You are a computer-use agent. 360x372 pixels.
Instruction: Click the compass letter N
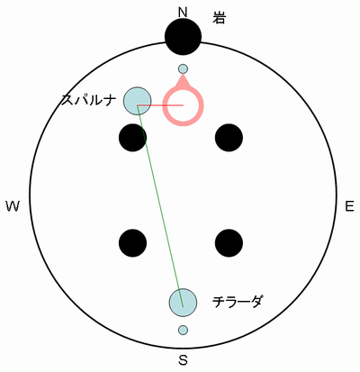click(183, 13)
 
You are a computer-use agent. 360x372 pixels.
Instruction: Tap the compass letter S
click(183, 359)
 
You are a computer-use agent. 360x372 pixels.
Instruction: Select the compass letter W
click(13, 206)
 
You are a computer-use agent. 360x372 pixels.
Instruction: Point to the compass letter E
click(349, 206)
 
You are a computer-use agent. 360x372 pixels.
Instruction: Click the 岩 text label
click(219, 18)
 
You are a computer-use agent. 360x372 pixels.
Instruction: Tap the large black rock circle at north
click(183, 37)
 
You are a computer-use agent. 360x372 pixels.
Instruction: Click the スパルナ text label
click(88, 100)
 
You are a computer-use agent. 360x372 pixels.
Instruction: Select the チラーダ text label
click(237, 302)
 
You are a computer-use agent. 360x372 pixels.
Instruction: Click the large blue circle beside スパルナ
click(138, 101)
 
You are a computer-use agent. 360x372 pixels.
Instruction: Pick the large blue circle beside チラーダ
click(183, 303)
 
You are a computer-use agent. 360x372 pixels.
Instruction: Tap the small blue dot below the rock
click(183, 69)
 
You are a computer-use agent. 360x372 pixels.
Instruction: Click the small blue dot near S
click(183, 330)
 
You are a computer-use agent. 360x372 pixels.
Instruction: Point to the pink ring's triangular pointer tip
click(183, 73)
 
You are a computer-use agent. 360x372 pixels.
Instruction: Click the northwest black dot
click(133, 138)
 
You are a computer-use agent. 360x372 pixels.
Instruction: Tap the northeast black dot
click(229, 138)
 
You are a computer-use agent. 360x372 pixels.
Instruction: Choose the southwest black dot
click(133, 243)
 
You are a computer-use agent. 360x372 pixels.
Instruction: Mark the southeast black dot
click(229, 243)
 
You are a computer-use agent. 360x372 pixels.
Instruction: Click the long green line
click(160, 206)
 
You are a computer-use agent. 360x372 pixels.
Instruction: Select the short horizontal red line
click(160, 105)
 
